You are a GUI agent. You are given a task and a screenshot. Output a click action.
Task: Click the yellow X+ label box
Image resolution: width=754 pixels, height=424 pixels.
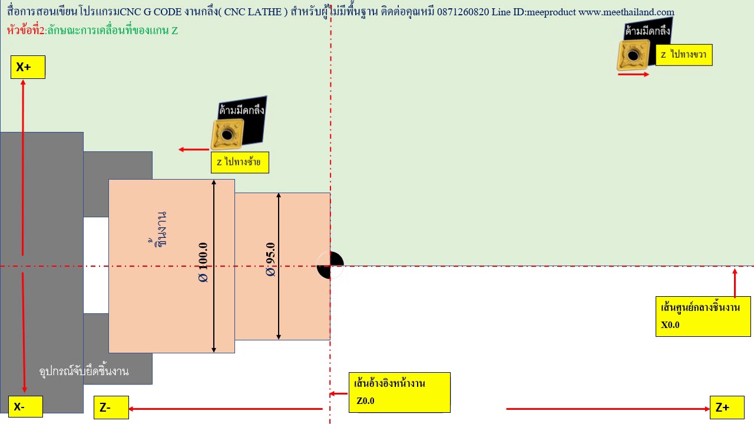coord(28,67)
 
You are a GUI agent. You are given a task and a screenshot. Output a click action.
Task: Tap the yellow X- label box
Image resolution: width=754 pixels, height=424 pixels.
coord(25,406)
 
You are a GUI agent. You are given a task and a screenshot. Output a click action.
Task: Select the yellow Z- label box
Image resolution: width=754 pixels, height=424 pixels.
coord(111,408)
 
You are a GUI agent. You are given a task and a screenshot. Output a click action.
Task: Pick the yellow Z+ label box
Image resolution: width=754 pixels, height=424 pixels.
coord(727,408)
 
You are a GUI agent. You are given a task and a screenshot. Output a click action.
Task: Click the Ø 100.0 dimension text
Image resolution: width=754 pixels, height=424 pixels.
coord(203,263)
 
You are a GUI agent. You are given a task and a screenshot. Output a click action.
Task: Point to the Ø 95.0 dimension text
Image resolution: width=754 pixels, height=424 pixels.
coord(270,260)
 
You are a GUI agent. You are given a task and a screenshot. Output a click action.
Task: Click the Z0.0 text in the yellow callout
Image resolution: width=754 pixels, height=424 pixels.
coord(366,401)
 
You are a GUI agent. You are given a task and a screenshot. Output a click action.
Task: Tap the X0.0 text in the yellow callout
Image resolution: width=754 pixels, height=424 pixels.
coord(670,324)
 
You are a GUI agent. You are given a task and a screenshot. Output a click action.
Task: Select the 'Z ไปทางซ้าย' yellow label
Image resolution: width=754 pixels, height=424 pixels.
coord(240,163)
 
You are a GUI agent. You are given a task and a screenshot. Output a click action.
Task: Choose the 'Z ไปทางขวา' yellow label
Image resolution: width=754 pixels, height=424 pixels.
coord(684,55)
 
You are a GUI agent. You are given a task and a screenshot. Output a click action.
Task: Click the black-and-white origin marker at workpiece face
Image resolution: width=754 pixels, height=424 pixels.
coord(330,265)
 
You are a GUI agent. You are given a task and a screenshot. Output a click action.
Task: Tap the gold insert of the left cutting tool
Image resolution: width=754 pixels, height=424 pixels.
coord(227,134)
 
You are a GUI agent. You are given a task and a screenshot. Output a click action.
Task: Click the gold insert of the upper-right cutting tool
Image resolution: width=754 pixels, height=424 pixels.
coord(633,55)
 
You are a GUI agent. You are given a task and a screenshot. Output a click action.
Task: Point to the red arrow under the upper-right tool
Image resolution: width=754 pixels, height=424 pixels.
coord(633,74)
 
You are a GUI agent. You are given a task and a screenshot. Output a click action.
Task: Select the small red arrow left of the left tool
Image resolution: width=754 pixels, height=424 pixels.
coord(194,150)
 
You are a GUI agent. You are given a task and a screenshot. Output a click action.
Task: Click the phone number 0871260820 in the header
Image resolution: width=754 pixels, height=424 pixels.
coord(463,12)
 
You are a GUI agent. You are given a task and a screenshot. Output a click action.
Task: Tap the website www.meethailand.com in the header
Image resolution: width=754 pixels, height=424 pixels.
coord(626,12)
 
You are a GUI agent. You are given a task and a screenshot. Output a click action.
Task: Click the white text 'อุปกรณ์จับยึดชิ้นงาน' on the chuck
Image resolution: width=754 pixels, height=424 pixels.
coord(84,372)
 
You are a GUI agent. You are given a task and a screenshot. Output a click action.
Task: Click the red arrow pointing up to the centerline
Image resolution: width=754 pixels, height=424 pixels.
coord(735,283)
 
